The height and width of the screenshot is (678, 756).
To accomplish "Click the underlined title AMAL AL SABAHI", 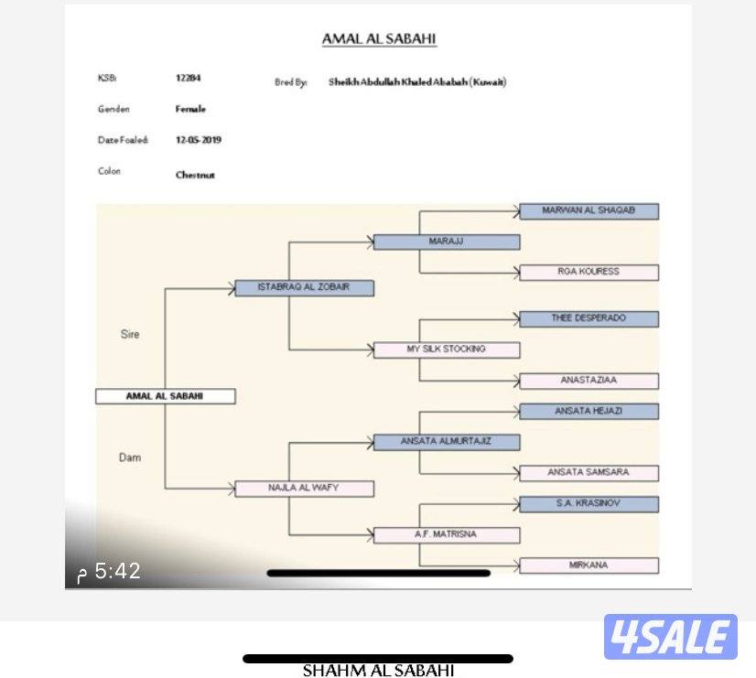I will (379, 39).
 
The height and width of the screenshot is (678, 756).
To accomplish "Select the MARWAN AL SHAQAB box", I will (589, 211).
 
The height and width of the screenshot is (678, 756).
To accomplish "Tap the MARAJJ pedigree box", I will (447, 242).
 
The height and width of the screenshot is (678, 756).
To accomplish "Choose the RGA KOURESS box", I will (589, 272).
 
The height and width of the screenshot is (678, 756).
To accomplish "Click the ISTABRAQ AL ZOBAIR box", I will (304, 287).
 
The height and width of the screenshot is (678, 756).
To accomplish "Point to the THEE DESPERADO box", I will (589, 318).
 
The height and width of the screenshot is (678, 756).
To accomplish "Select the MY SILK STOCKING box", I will (447, 350).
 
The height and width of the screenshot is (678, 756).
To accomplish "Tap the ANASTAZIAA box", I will (589, 380).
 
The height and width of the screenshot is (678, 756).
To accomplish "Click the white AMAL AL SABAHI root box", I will (166, 396).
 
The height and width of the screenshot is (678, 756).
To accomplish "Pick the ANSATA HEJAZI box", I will (589, 412).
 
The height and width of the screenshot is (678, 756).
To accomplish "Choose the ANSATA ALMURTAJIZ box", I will (447, 442).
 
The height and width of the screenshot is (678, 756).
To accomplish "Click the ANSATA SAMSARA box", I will (589, 472).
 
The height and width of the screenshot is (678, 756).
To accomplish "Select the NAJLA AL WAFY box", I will (304, 488).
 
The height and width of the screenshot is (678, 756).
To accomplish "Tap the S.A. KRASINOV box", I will (589, 504).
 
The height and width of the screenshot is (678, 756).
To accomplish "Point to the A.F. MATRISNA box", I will (447, 534).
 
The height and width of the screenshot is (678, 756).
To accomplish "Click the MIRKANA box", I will (589, 565).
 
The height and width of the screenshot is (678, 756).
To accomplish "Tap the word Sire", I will (130, 335).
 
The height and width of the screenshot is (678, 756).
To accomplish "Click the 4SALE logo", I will (670, 638).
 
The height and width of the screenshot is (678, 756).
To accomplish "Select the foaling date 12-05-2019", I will (199, 140).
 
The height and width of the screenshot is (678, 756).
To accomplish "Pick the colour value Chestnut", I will (195, 175).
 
